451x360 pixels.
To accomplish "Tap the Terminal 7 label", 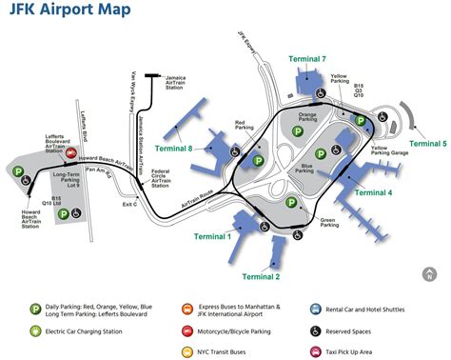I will click(317, 59).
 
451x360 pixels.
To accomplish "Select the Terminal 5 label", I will click(429, 144).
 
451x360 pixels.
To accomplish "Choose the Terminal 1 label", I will click(214, 235).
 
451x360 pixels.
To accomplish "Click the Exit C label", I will click(130, 203).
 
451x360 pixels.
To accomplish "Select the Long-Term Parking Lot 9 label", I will click(68, 178).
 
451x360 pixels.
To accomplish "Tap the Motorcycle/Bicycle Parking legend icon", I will click(186, 330).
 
